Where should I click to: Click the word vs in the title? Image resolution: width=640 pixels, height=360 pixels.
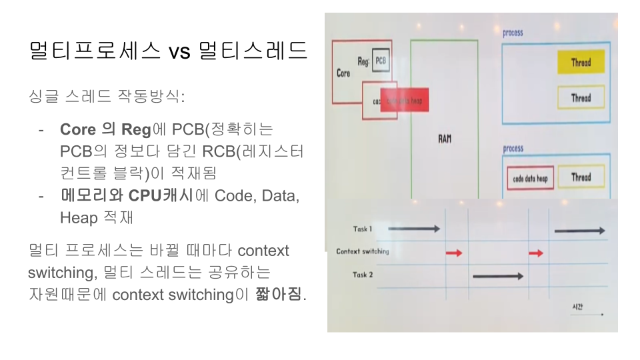point(179,51)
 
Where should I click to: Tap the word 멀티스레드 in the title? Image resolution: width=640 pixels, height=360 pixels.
point(253,51)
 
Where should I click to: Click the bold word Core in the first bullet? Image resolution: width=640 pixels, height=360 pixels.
point(78,129)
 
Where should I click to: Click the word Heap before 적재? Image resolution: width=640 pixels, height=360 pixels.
point(78,217)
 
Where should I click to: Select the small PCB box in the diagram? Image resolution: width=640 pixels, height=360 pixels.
point(381,61)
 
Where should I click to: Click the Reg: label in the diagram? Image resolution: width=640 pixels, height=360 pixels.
point(363,62)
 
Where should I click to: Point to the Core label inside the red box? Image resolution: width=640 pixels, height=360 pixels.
point(343,73)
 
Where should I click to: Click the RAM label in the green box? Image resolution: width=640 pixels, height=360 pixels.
point(445,139)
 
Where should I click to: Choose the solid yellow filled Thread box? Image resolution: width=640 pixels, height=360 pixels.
point(581,63)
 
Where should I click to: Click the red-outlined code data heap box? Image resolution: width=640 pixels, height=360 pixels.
point(530,179)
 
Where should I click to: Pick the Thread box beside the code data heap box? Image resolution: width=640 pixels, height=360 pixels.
point(581,177)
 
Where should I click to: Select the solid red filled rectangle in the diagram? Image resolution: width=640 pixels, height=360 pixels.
point(404,100)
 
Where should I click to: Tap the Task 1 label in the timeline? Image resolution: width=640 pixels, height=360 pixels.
point(363,229)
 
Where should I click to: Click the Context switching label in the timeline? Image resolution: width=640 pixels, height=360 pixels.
point(363,252)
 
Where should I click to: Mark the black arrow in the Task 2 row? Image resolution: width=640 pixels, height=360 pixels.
point(497,275)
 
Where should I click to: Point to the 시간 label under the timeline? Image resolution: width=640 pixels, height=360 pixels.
point(577,307)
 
